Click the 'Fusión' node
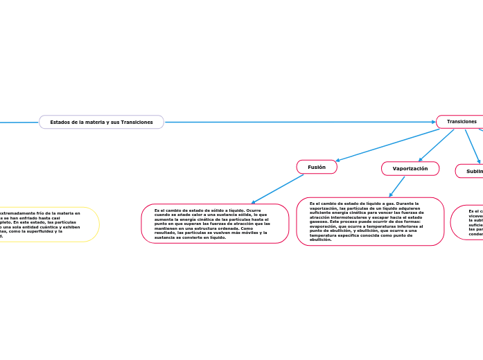click(x=317, y=167)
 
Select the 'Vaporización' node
click(x=410, y=168)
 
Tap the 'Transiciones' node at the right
click(x=461, y=122)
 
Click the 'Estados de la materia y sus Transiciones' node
click(x=102, y=122)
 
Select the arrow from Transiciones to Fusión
click(x=388, y=145)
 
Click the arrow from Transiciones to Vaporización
click(x=437, y=145)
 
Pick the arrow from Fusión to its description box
click(x=277, y=188)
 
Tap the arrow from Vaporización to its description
click(x=397, y=186)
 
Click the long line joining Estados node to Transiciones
click(x=298, y=122)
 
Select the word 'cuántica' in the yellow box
click(x=53, y=226)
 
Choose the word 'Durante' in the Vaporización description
click(x=405, y=204)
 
